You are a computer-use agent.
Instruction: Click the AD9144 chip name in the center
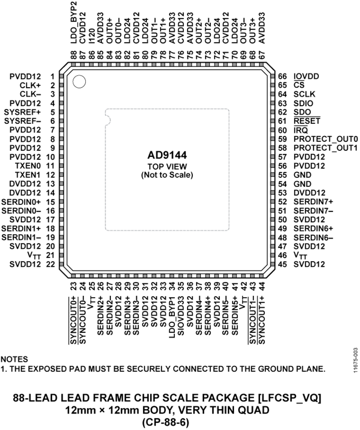167,155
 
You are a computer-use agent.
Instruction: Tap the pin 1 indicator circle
79,81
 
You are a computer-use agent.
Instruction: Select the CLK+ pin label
30,85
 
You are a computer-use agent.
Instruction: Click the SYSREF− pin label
22,121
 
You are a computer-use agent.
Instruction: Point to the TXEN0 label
28,166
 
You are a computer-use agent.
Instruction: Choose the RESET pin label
307,121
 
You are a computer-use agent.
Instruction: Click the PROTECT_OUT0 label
326,139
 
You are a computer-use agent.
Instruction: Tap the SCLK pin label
304,94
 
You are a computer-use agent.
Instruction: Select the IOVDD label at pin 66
306,76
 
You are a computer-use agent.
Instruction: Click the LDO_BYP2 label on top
74,22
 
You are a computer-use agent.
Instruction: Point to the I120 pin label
92,36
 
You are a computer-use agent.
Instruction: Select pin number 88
74,55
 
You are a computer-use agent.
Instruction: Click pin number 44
262,287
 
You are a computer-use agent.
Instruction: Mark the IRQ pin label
300,130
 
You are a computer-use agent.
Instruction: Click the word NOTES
14,359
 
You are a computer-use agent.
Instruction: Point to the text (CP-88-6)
166,423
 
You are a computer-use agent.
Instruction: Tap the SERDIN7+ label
314,202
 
